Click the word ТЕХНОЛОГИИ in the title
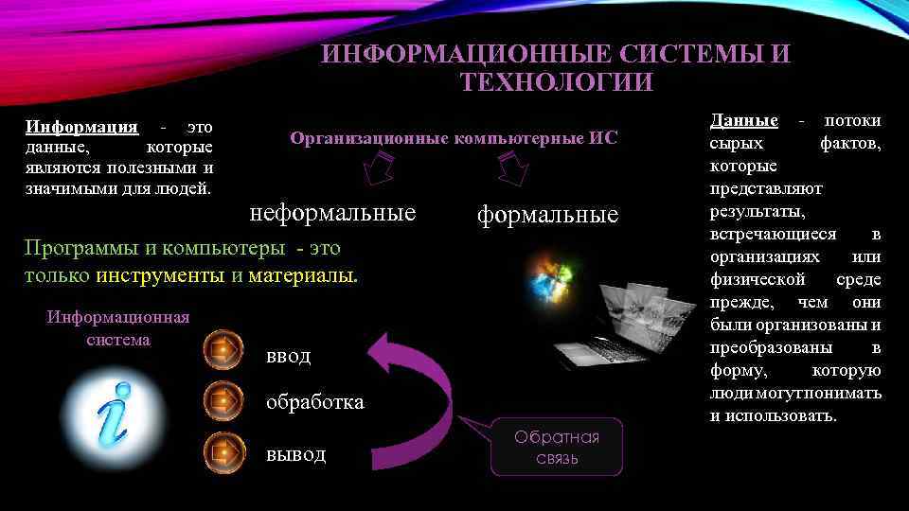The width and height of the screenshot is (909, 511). (557, 82)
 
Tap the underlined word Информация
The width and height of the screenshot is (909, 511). (81, 127)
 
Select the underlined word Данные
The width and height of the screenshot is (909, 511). (743, 120)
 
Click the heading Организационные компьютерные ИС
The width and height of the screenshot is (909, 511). (454, 138)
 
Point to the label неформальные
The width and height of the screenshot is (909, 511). (332, 212)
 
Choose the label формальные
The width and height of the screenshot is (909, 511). (547, 215)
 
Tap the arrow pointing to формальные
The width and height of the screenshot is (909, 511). (512, 170)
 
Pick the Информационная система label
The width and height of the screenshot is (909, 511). (118, 327)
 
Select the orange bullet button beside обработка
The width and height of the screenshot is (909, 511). (223, 401)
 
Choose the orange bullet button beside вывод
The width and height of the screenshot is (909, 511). (223, 452)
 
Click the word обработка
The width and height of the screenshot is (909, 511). (315, 402)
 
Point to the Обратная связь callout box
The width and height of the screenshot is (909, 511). (558, 447)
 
